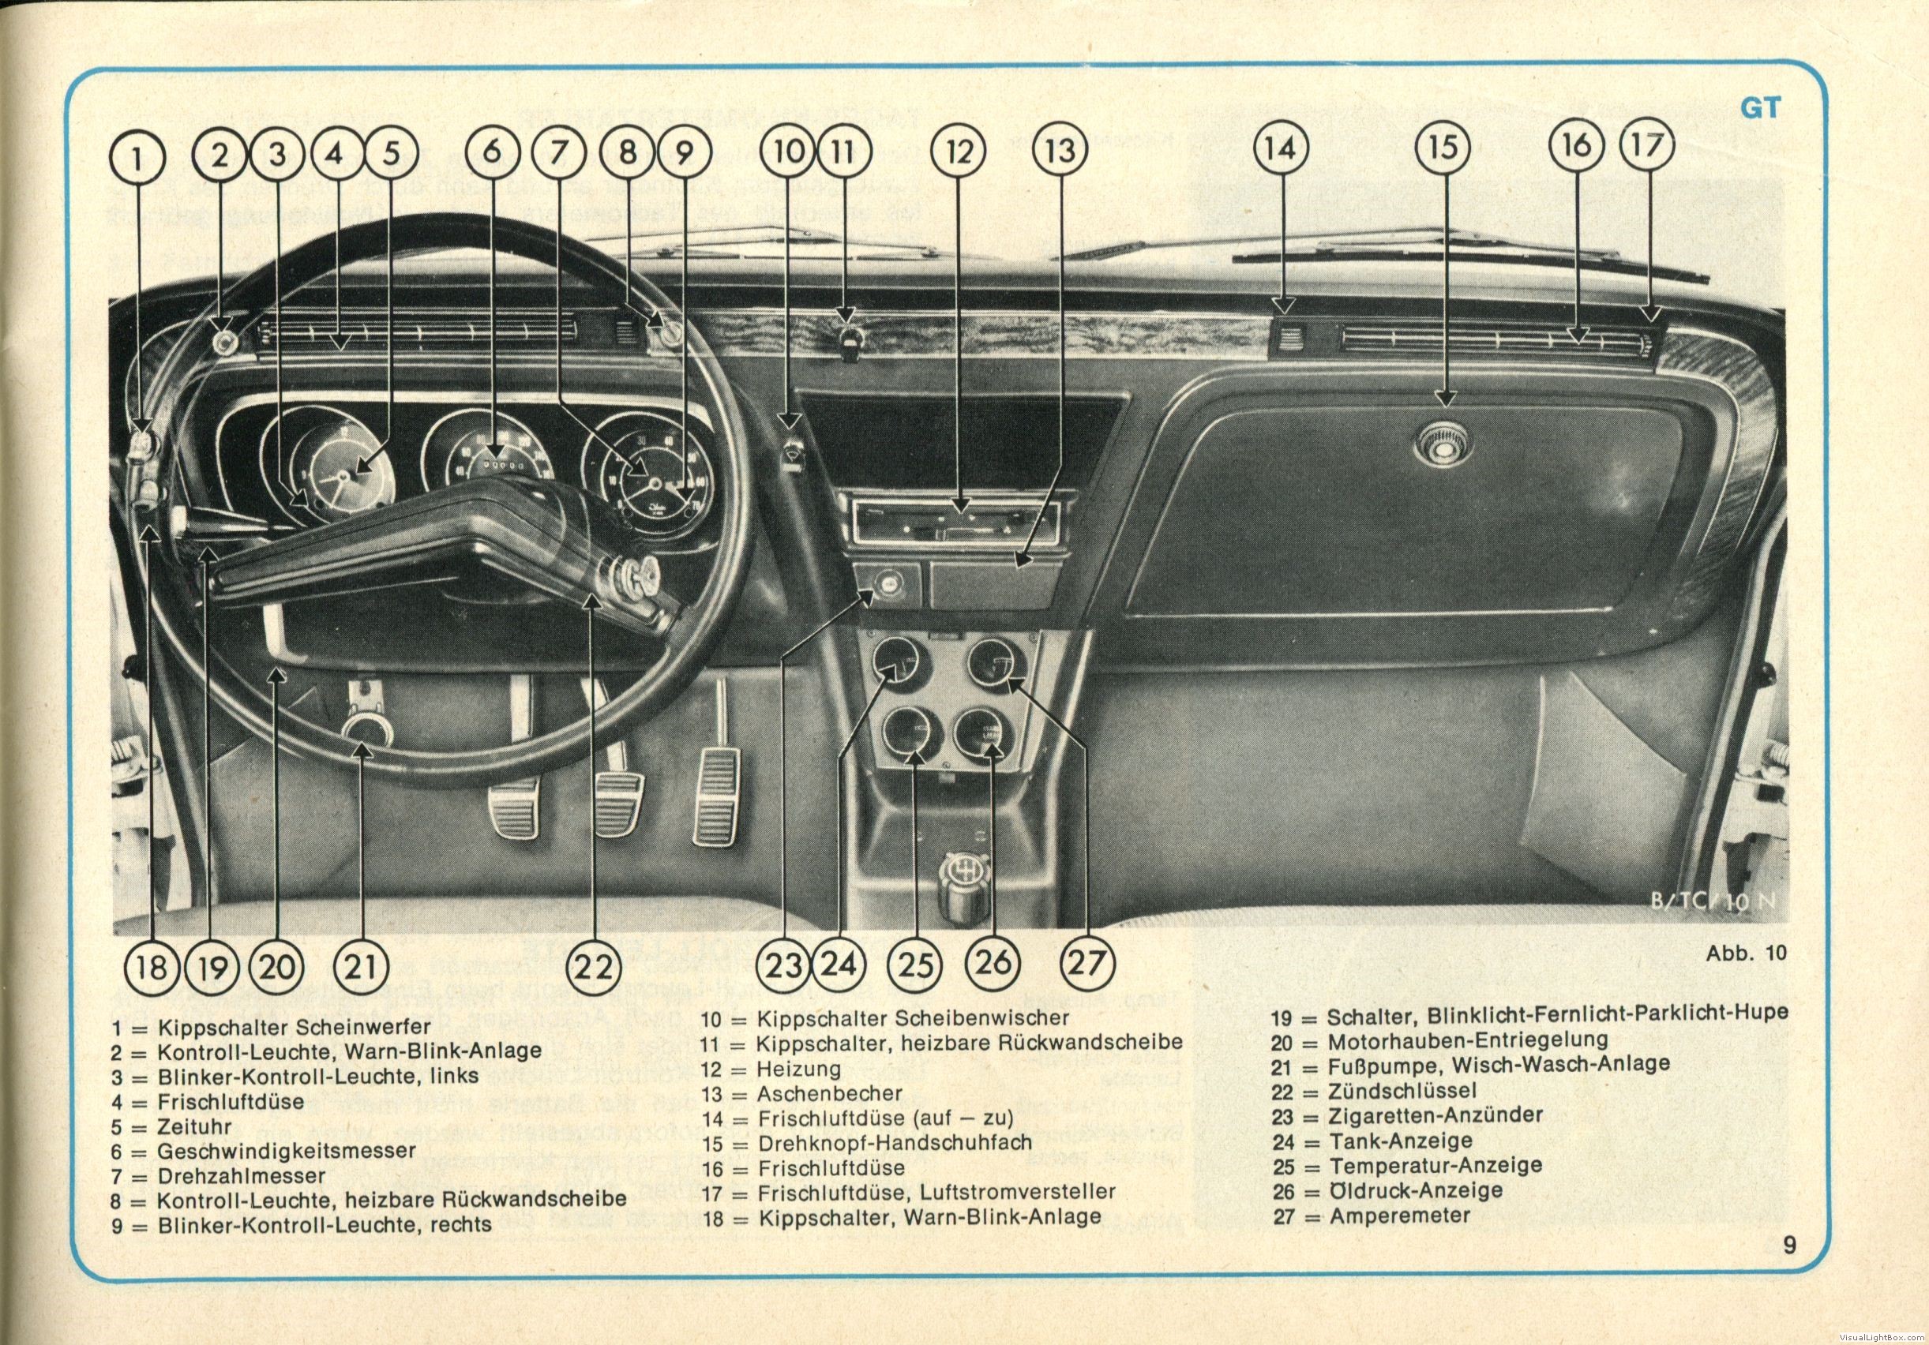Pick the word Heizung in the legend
click(x=799, y=1069)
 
